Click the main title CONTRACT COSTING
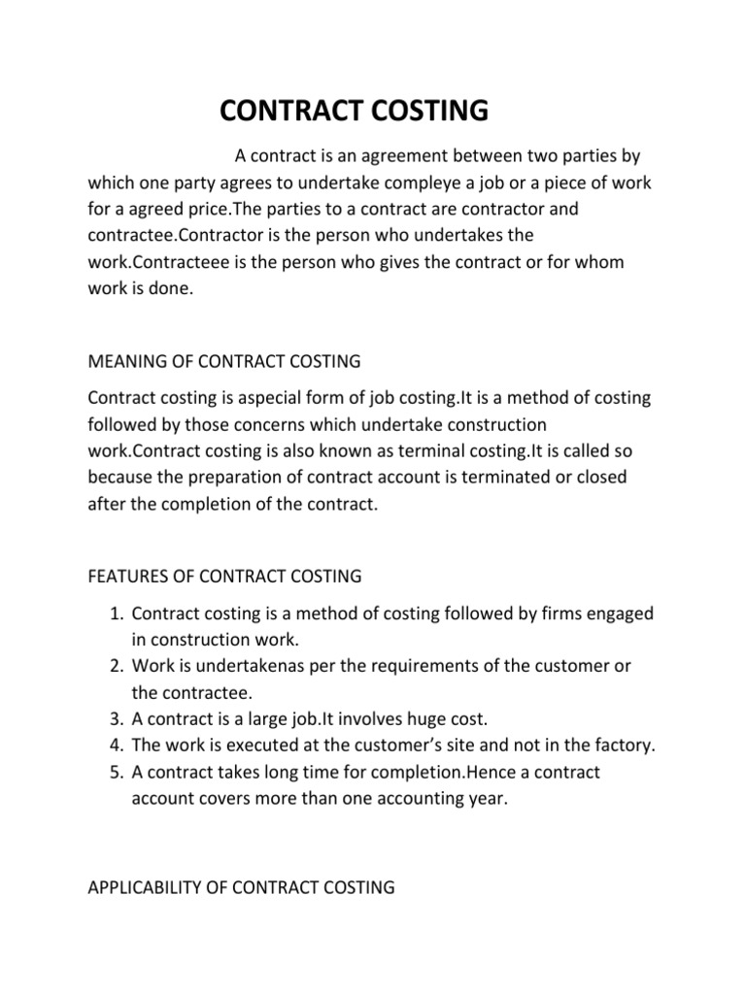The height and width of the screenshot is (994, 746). [x=355, y=111]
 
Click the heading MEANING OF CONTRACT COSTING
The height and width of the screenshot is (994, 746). [x=223, y=361]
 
